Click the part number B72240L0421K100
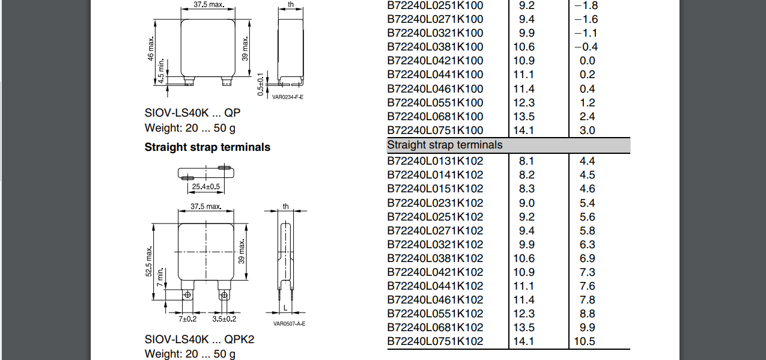coord(435,61)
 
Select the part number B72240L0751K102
coord(435,341)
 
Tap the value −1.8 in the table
coord(586,5)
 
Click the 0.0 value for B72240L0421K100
coord(587,61)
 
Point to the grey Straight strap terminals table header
coord(508,145)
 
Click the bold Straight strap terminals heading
coord(207,147)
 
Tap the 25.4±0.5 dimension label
coord(206,186)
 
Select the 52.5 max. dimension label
coord(149,261)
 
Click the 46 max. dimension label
coord(151,49)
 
